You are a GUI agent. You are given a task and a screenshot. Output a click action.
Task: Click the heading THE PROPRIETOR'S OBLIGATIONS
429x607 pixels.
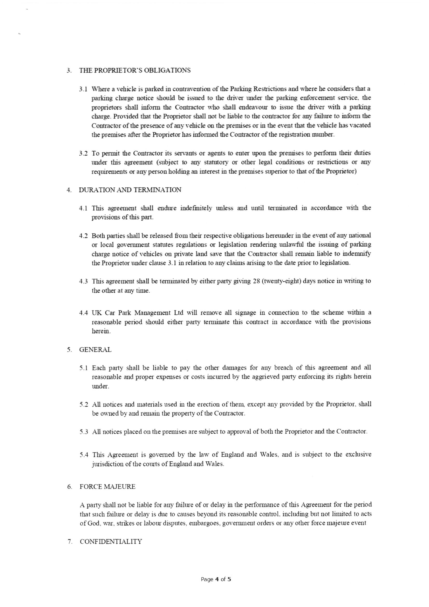135,70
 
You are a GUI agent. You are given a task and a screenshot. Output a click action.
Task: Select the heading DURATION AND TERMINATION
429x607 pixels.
130,190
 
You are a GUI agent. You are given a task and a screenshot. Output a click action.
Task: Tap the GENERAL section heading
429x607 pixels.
96,349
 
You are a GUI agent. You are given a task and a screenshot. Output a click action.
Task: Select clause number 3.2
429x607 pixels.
83,153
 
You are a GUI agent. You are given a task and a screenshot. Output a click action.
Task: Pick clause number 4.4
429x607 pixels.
84,313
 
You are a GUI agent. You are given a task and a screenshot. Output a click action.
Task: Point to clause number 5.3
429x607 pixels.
84,432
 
